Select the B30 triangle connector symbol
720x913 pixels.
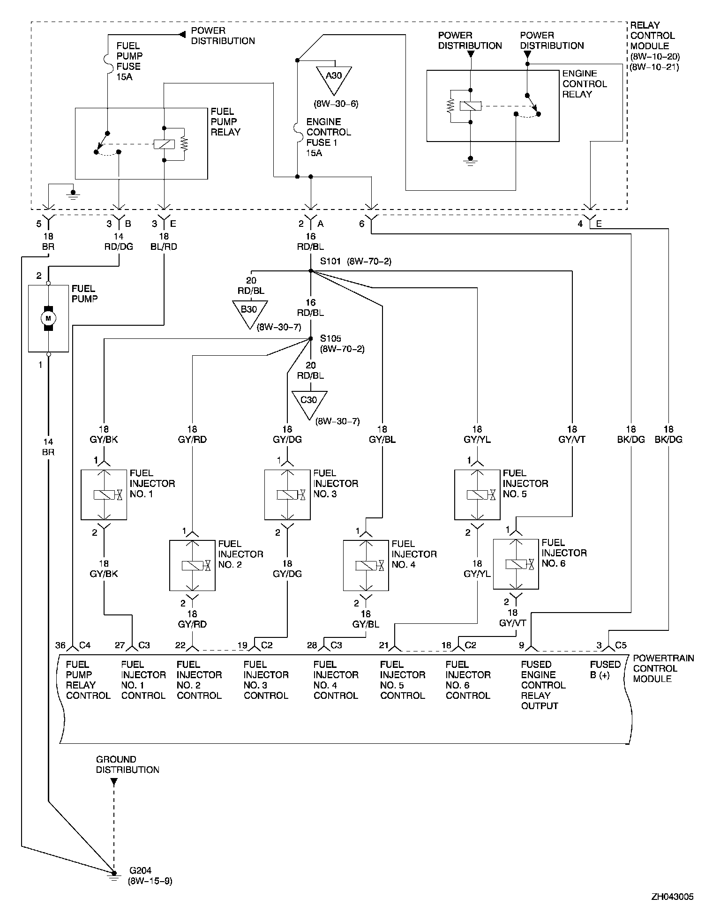click(x=249, y=312)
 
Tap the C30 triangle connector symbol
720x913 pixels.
click(x=309, y=402)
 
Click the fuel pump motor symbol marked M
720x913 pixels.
click(x=48, y=318)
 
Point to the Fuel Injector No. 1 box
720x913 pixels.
click(x=104, y=494)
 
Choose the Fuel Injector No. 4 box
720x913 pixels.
click(x=366, y=565)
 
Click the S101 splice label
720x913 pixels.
click(x=330, y=261)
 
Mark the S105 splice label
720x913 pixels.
click(x=330, y=338)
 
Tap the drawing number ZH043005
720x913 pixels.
click(x=672, y=897)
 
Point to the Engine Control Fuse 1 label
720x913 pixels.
click(x=329, y=137)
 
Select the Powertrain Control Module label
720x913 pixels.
click(x=663, y=668)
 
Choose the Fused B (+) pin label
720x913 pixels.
click(x=605, y=670)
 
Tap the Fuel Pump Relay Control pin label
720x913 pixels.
click(x=88, y=680)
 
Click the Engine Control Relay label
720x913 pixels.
click(x=585, y=84)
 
